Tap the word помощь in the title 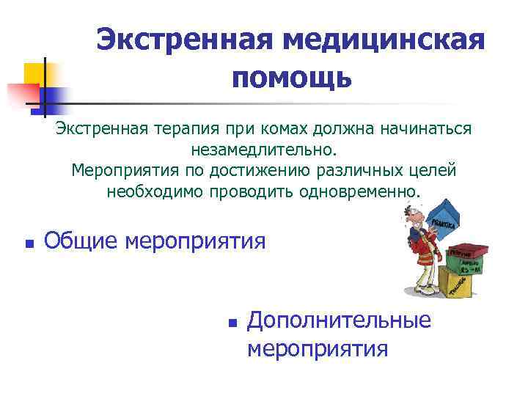[x=292, y=77]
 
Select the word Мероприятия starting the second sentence [x=122, y=171]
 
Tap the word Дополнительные [x=339, y=320]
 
